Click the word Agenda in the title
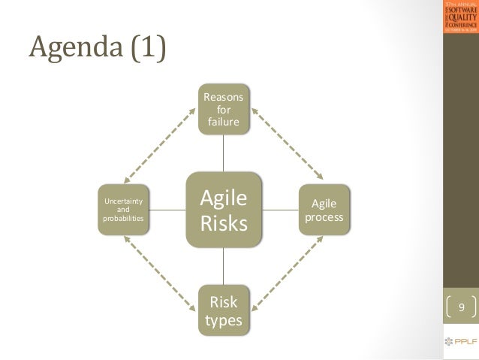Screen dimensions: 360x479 [72, 50]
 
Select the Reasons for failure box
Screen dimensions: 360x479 [224, 110]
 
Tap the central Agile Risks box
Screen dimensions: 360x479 [224, 210]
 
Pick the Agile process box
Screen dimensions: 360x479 [324, 210]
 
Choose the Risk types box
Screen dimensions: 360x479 [224, 310]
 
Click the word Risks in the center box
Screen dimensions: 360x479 [224, 223]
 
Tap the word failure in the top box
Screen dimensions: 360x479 [224, 122]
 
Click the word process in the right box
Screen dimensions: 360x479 [324, 218]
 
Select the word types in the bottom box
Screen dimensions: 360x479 [224, 320]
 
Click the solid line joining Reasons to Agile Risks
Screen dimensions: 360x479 [224, 153]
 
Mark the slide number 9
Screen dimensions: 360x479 [462, 307]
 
